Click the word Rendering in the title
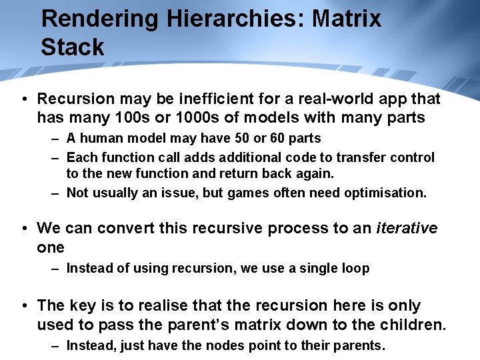(99, 19)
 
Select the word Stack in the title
(73, 47)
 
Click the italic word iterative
(407, 228)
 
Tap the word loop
(356, 268)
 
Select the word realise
(149, 305)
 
